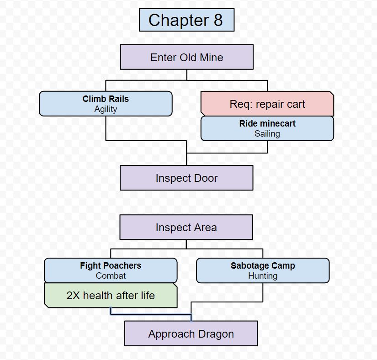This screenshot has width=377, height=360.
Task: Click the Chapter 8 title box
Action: pyautogui.click(x=186, y=20)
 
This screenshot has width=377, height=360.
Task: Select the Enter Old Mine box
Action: pyautogui.click(x=186, y=57)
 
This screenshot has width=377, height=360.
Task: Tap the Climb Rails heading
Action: pyautogui.click(x=106, y=99)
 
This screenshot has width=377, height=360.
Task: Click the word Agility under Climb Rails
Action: pyautogui.click(x=106, y=109)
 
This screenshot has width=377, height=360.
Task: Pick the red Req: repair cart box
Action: pyautogui.click(x=267, y=104)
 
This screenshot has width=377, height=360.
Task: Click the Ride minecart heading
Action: pyautogui.click(x=267, y=123)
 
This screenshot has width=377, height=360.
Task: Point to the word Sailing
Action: pyautogui.click(x=267, y=134)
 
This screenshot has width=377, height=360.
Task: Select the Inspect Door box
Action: pyautogui.click(x=186, y=178)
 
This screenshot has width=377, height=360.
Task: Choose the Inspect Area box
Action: pyautogui.click(x=186, y=228)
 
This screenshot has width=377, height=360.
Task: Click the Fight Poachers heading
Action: pyautogui.click(x=111, y=265)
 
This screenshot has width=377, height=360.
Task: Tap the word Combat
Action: pyautogui.click(x=111, y=276)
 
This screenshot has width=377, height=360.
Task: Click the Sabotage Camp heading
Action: pyautogui.click(x=262, y=265)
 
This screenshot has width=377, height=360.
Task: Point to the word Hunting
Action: pyautogui.click(x=262, y=276)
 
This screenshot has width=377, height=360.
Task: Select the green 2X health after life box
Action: pyautogui.click(x=111, y=296)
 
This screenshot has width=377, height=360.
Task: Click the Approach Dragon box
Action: pyautogui.click(x=191, y=334)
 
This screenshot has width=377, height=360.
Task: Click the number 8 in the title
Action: pyautogui.click(x=218, y=20)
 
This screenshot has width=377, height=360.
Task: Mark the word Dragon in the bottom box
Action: pyautogui.click(x=216, y=334)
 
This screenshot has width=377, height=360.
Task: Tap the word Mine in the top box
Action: pyautogui.click(x=212, y=58)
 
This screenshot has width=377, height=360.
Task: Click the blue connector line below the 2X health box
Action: pyautogui.click(x=151, y=314)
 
